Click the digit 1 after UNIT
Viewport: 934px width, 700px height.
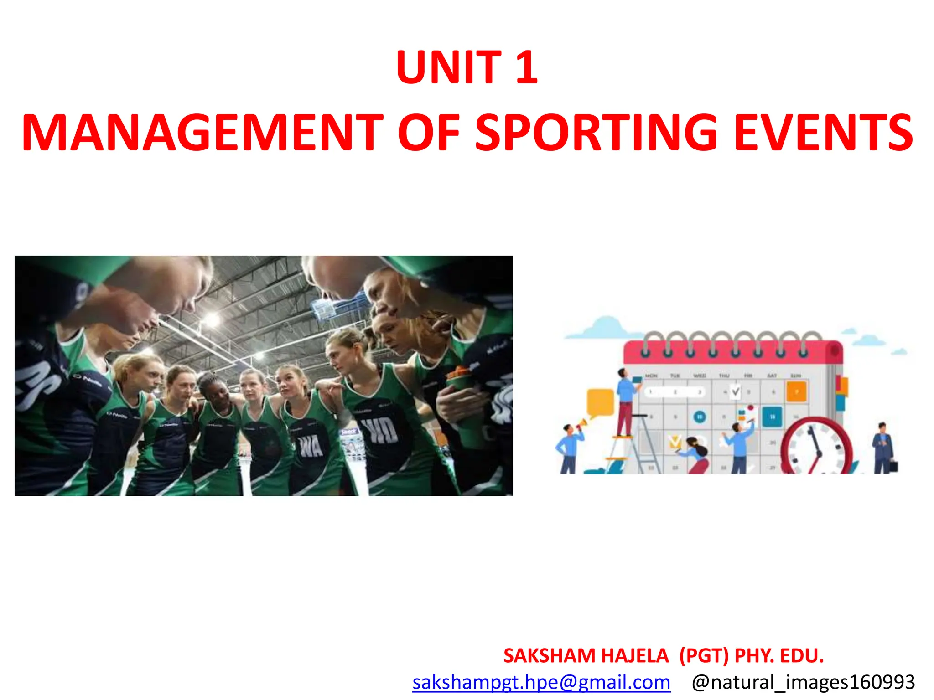click(x=527, y=67)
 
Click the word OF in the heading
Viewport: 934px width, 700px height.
click(x=428, y=133)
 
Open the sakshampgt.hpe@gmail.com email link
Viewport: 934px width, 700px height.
click(x=541, y=682)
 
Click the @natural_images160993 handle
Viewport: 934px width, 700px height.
click(x=803, y=682)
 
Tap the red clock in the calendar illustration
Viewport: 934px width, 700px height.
click(x=816, y=449)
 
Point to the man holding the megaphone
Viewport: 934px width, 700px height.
click(x=568, y=449)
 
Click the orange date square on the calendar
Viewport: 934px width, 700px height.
click(x=796, y=391)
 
